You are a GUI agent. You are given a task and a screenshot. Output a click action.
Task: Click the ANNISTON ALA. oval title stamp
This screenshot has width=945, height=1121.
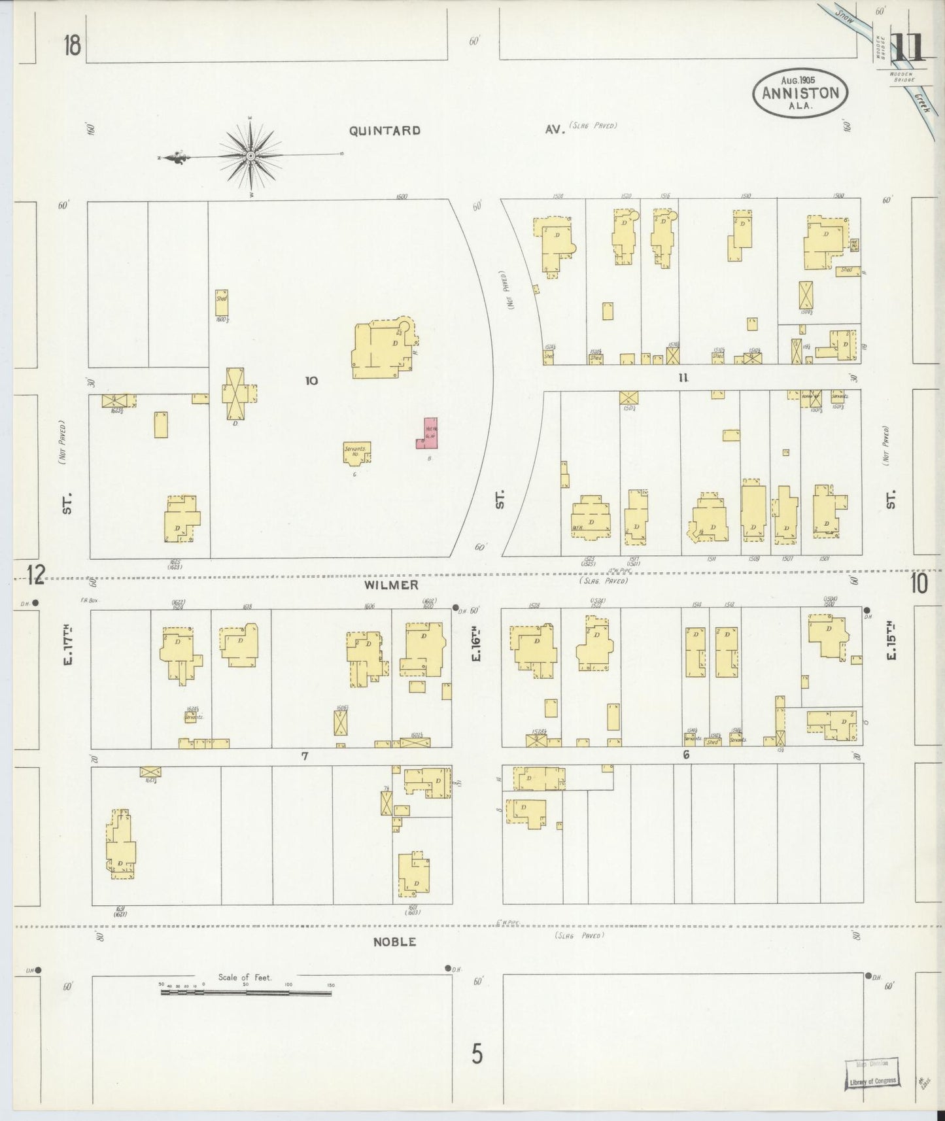[x=800, y=93]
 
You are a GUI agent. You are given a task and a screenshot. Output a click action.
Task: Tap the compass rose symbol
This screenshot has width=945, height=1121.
[x=251, y=156]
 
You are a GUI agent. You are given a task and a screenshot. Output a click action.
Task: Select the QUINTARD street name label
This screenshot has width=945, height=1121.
[x=384, y=130]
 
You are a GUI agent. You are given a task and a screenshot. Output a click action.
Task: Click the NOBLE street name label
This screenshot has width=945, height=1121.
[x=394, y=942]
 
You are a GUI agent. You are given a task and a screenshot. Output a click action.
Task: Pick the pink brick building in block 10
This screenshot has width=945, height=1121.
[x=428, y=433]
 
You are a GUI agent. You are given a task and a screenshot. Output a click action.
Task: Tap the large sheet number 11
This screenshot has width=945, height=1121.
[x=906, y=47]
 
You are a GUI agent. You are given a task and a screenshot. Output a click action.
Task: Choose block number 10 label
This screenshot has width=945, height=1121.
[x=311, y=380]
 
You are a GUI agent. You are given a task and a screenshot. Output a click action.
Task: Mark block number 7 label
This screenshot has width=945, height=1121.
[x=304, y=756]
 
